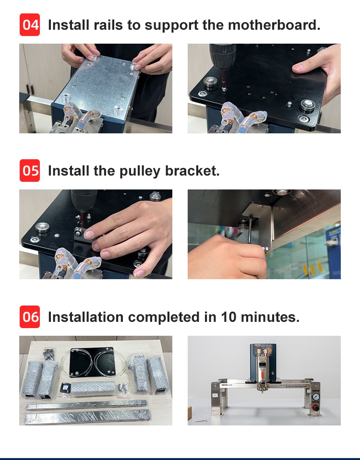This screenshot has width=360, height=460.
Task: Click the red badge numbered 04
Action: point(30,24)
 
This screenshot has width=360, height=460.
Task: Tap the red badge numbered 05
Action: point(30,170)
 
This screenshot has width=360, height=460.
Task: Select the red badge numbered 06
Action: point(30,317)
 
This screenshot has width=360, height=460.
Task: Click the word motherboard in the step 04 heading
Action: point(274,24)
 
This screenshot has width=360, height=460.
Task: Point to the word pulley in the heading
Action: point(140,171)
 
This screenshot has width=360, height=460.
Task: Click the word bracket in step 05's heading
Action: point(192,171)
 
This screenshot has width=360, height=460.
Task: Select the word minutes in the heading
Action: point(270,317)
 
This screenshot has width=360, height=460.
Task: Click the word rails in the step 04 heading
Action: point(108,25)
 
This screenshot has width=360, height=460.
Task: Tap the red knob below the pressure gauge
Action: point(316,408)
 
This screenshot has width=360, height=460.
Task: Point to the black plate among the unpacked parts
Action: point(92,362)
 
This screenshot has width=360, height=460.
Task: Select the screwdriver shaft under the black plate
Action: point(250,229)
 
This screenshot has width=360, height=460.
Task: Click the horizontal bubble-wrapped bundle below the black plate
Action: point(93,388)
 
